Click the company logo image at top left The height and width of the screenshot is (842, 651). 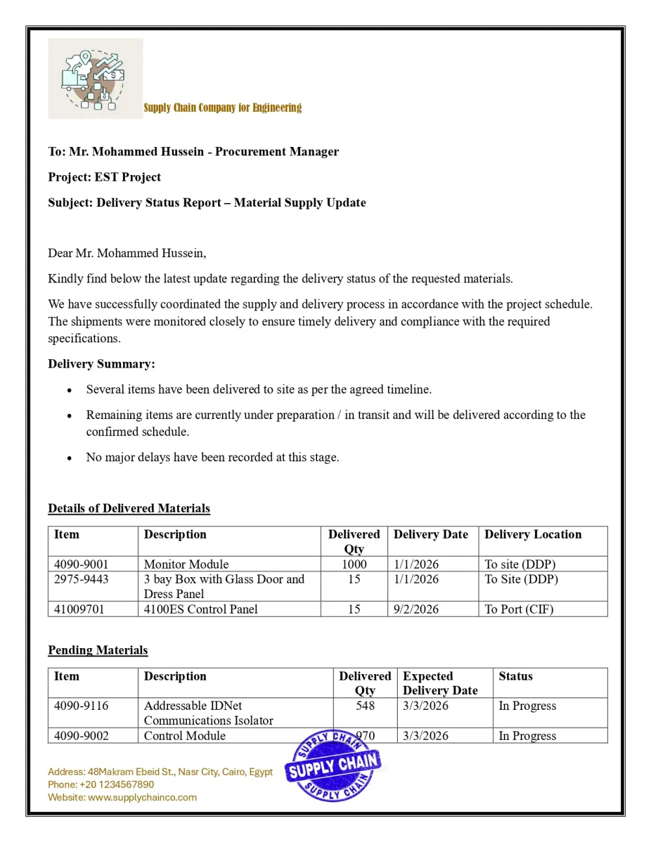point(95,79)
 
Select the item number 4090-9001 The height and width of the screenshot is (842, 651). point(81,564)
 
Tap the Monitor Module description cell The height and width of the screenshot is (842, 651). point(186,564)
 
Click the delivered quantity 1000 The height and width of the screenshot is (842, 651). point(354,564)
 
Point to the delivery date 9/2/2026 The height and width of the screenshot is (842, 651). point(416,609)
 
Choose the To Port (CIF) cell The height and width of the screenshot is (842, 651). point(519,609)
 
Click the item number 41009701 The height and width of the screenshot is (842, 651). point(79,609)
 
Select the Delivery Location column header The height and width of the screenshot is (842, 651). point(533,534)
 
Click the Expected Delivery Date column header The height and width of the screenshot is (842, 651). point(440,683)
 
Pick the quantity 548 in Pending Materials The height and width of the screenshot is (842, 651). point(365,705)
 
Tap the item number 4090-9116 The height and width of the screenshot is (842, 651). point(81,705)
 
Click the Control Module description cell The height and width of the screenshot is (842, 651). point(185,736)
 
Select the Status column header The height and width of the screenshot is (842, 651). point(516,676)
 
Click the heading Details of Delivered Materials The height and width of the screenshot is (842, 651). point(129,508)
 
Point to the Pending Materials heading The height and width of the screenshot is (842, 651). point(98,650)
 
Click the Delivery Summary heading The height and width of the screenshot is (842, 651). point(102,364)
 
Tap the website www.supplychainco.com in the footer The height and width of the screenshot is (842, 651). point(142,797)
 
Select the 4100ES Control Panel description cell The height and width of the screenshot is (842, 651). point(201,609)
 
